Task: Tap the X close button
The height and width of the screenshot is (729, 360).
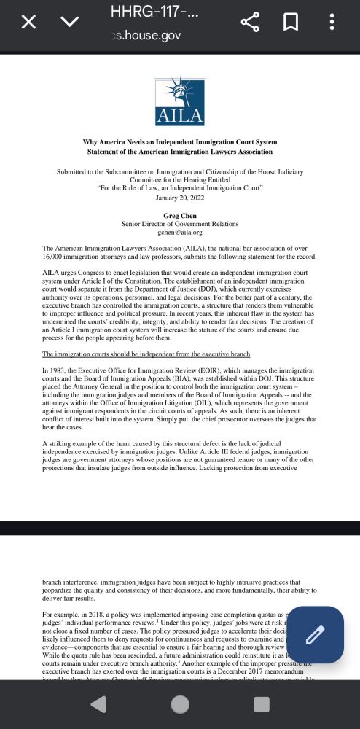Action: [28, 22]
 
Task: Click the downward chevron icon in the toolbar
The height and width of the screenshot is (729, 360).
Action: [70, 22]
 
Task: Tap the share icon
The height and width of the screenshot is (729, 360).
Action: [250, 22]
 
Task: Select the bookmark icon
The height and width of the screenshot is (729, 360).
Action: [290, 22]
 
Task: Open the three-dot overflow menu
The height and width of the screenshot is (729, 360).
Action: [332, 22]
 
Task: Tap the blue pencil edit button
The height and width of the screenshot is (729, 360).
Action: [315, 635]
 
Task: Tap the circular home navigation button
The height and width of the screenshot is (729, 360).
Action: [180, 704]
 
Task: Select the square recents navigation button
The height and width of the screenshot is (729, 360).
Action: [262, 704]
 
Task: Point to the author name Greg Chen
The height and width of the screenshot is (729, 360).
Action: [180, 216]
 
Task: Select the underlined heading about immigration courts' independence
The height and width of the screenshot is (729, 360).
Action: [146, 354]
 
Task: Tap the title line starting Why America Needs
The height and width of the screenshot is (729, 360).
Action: [180, 143]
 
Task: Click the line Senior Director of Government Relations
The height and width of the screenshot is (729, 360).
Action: [180, 224]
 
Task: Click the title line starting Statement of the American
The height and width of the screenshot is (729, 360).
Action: [180, 152]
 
